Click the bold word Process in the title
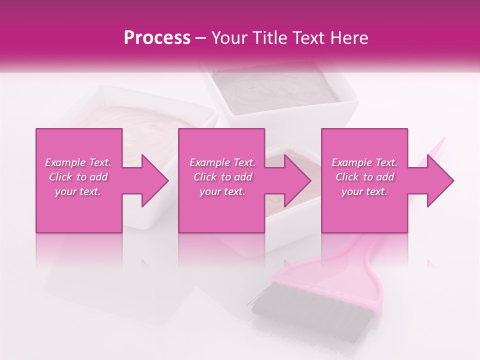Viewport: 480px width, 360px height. (x=157, y=38)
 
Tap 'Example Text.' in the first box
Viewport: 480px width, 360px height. (x=78, y=162)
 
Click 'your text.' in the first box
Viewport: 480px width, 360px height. (x=78, y=191)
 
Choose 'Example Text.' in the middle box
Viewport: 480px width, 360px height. (x=222, y=162)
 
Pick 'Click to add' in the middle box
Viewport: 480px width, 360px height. (x=222, y=177)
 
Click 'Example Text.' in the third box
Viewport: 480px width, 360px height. (x=364, y=162)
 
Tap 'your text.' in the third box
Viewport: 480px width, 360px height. (x=364, y=191)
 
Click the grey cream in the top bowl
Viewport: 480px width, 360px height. (x=280, y=90)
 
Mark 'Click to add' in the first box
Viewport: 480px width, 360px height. (x=78, y=177)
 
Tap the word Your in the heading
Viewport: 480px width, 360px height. (x=229, y=38)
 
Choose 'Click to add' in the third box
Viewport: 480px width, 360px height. (x=364, y=177)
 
